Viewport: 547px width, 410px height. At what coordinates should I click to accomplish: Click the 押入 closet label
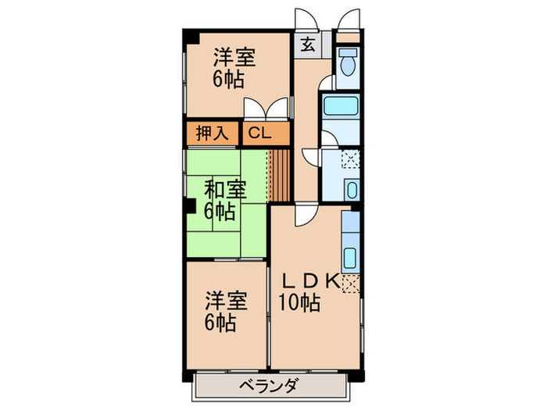tap(212, 133)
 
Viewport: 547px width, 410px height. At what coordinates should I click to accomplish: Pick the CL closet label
tap(259, 133)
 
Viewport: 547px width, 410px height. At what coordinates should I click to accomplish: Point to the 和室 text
tap(225, 189)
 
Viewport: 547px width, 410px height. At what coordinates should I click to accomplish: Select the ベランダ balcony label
tap(270, 385)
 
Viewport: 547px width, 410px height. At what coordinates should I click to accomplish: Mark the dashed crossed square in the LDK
tap(351, 282)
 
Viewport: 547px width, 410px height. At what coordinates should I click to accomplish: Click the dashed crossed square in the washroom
tap(350, 161)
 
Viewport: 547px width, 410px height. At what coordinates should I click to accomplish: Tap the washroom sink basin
tap(351, 189)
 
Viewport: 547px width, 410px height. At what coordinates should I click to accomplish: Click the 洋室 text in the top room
tap(235, 57)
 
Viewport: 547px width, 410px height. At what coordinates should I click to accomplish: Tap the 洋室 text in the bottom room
tap(227, 300)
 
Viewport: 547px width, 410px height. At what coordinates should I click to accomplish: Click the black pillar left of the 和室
tap(190, 207)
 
